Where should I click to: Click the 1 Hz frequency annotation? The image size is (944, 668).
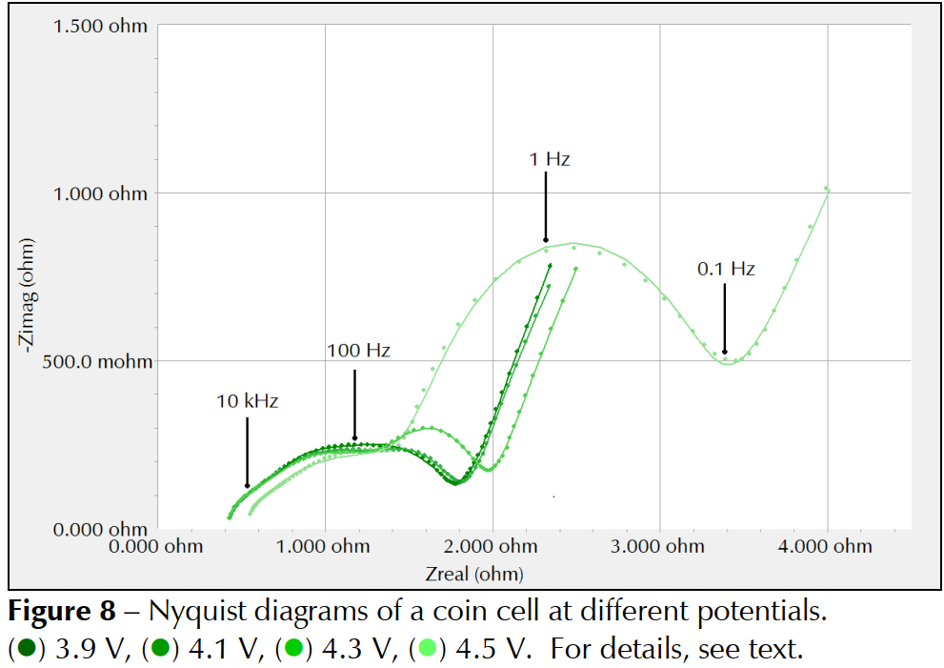coord(550,159)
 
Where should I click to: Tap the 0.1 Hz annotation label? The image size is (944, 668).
coord(726,269)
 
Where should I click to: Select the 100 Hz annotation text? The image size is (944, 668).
coord(358,351)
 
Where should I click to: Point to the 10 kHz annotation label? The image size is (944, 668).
coord(247,401)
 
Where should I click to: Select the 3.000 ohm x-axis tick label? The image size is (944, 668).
coord(660,546)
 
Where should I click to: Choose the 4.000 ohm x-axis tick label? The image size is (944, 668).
coord(828,546)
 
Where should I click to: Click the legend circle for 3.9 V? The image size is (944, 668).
coord(26,651)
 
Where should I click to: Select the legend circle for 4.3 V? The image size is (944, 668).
coord(294,651)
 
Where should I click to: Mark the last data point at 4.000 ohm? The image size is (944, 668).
coord(826,189)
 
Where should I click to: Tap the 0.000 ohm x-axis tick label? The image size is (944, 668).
coord(158,546)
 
